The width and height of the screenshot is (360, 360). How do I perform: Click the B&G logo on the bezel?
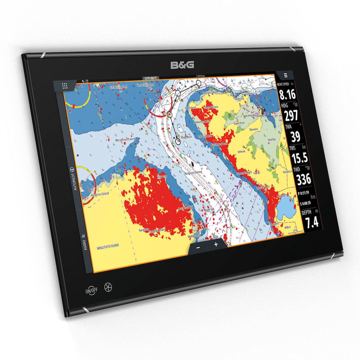[183, 65]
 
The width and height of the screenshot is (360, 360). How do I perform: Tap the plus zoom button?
[216, 244]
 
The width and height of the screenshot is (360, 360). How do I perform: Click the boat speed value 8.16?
[287, 95]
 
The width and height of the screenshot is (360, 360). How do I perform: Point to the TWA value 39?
[296, 137]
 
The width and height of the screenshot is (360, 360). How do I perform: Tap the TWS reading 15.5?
[299, 157]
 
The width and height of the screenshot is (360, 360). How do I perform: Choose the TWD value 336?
[303, 179]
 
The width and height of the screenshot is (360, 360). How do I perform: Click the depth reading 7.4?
[312, 222]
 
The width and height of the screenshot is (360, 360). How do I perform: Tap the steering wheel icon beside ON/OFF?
[107, 287]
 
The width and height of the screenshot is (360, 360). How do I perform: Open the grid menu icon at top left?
[65, 86]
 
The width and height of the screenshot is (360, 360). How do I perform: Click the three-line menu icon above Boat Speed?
[285, 76]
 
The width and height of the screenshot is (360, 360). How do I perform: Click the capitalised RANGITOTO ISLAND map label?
[108, 248]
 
